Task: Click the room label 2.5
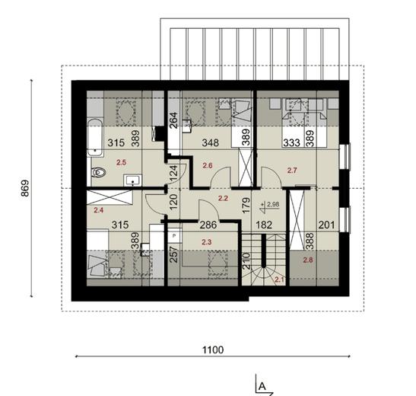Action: [121, 162]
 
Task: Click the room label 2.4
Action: [98, 209]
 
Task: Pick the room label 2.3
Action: [207, 242]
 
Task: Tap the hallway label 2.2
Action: [224, 198]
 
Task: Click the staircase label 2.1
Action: [278, 279]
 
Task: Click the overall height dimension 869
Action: [25, 187]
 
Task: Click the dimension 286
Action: [208, 225]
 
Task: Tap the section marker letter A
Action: [262, 385]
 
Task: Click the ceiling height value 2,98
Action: [272, 204]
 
